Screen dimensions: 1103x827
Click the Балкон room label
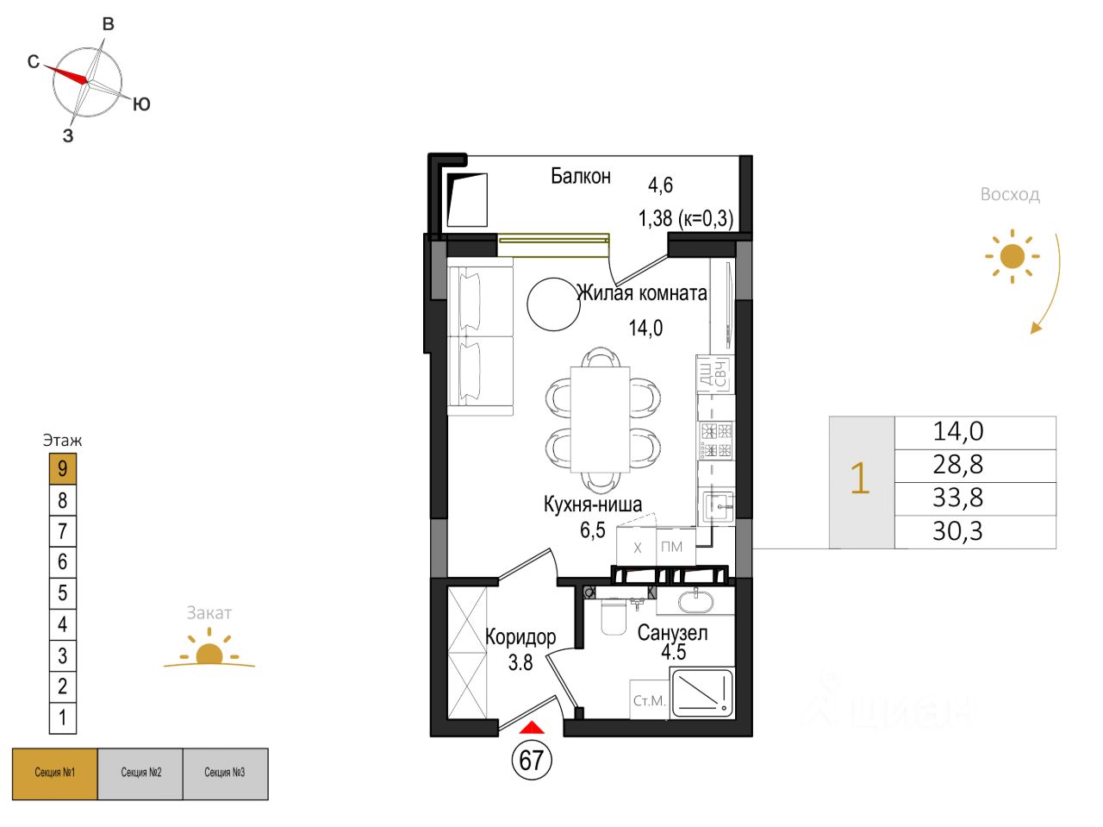click(581, 176)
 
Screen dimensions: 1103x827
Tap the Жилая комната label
click(642, 293)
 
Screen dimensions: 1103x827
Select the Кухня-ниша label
click(593, 504)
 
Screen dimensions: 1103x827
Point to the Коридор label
click(520, 637)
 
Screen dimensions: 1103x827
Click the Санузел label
click(672, 633)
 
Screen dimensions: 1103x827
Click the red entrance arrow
click(533, 728)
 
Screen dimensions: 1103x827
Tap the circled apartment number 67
click(532, 760)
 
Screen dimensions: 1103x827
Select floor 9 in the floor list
click(62, 469)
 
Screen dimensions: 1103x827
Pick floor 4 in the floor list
click(62, 624)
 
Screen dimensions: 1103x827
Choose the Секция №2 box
click(140, 774)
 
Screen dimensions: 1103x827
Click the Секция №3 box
click(225, 774)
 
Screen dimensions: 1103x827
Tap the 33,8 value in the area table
click(957, 498)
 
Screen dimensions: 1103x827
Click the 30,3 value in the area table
click(957, 531)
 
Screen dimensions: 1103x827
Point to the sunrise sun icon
click(1013, 256)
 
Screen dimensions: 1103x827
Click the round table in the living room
click(554, 304)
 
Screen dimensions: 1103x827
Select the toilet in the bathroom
click(613, 617)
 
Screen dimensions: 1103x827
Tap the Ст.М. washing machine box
click(649, 701)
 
